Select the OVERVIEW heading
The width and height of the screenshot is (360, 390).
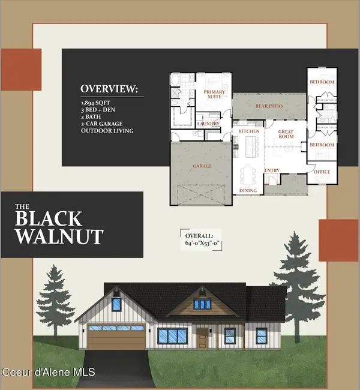coord(109,89)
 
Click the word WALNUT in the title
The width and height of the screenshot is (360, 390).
coord(59,235)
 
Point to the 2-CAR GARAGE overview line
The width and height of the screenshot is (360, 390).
coord(103,124)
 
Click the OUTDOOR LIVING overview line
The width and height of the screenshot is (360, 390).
coord(107,131)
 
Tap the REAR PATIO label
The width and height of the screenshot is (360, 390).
coord(268,107)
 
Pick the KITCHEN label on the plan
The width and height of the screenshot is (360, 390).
coord(248,130)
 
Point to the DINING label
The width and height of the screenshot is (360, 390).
coord(248,191)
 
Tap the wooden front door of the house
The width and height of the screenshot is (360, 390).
coord(202,340)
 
